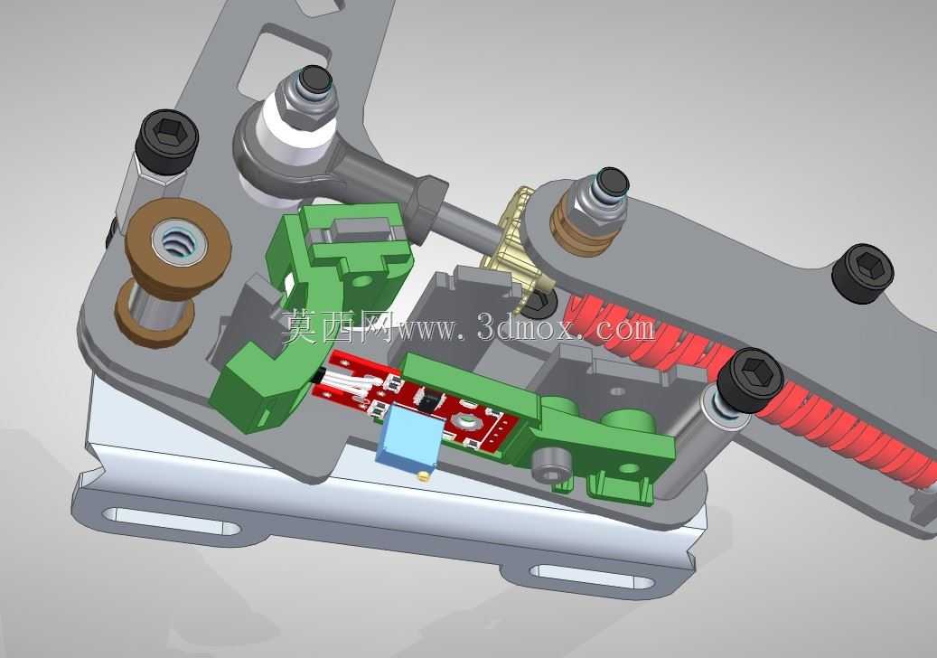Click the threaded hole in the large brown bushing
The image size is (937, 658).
pos(175,243)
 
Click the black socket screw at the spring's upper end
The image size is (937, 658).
pos(749,381)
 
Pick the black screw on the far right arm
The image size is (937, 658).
pos(863,272)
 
